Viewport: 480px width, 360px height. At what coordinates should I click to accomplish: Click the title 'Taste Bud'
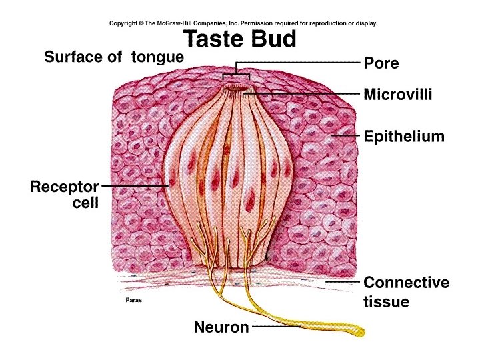tap(240, 39)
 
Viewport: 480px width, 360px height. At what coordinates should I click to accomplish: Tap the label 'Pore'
tap(381, 63)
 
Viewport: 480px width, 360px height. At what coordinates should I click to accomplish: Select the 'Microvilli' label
tap(398, 95)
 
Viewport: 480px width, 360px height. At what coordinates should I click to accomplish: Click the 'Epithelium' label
tap(404, 137)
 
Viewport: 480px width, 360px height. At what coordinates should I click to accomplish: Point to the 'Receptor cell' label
tap(65, 195)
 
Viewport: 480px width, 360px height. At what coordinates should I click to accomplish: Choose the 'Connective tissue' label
tap(406, 292)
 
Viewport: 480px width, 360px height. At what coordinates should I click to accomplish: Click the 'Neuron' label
tap(221, 327)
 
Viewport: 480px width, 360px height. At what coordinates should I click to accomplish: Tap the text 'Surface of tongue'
tap(113, 57)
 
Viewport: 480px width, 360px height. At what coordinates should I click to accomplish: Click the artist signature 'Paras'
tap(133, 300)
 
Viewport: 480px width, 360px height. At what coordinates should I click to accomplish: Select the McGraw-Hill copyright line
tap(243, 23)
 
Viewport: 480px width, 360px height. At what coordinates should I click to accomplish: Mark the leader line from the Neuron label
tap(273, 327)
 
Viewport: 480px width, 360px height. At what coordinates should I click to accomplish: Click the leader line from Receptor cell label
tap(133, 186)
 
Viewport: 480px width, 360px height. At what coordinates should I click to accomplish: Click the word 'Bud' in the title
tap(273, 39)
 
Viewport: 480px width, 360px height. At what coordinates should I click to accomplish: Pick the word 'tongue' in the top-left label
tap(157, 57)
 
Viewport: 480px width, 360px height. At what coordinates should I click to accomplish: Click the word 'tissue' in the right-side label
tap(386, 302)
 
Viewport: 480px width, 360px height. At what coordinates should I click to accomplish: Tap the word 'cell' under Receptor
tap(85, 203)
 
